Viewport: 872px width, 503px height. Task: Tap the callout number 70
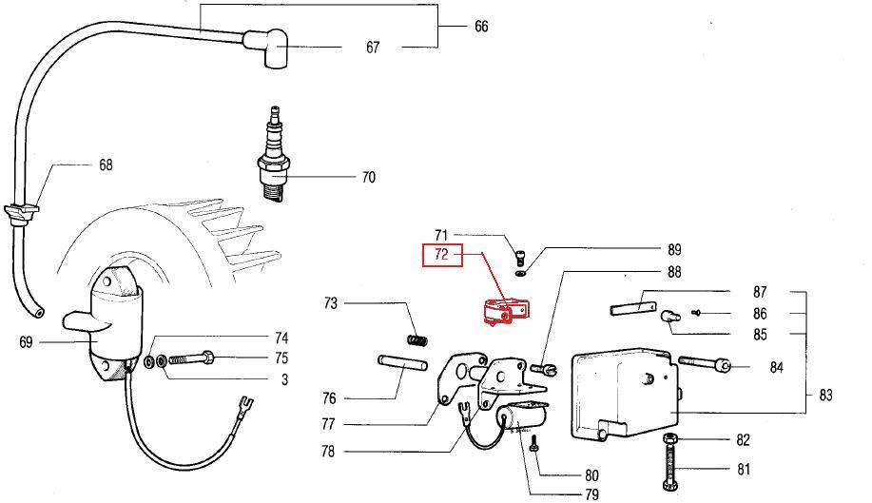[x=368, y=177]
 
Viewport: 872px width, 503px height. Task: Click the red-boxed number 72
[x=442, y=255]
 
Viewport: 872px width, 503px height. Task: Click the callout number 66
[x=481, y=27]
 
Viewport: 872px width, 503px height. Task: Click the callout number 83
[x=824, y=394]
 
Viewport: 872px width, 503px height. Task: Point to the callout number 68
[x=106, y=164]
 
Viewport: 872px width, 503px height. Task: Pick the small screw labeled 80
[x=535, y=445]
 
